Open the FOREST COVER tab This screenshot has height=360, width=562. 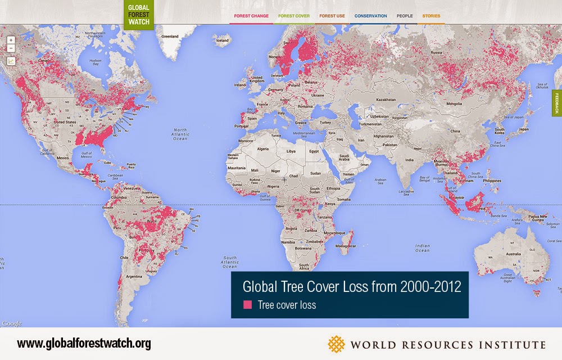293,16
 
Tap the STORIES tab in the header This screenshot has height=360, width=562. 431,16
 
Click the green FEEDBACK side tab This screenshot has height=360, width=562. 557,102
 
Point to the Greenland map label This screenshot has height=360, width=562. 170,36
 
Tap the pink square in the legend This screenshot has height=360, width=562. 247,305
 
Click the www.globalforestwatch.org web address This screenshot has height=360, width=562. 84,344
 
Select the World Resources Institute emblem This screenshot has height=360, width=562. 337,344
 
